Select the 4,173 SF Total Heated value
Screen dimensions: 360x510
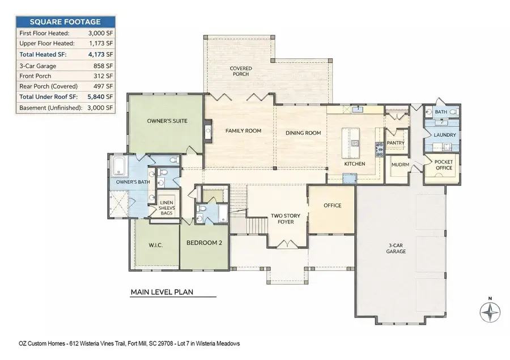pos(101,54)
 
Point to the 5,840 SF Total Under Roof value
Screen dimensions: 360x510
pos(101,97)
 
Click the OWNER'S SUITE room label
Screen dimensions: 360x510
pos(167,121)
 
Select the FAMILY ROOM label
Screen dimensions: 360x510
pos(243,131)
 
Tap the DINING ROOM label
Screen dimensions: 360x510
pos(303,133)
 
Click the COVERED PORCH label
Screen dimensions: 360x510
pos(241,71)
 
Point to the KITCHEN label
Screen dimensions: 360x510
pos(355,164)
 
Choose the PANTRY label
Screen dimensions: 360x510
pos(394,143)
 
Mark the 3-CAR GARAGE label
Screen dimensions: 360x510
pos(396,248)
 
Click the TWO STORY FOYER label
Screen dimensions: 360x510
pos(281,219)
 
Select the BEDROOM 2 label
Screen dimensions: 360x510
pos(204,243)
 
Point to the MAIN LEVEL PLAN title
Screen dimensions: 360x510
pos(162,293)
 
